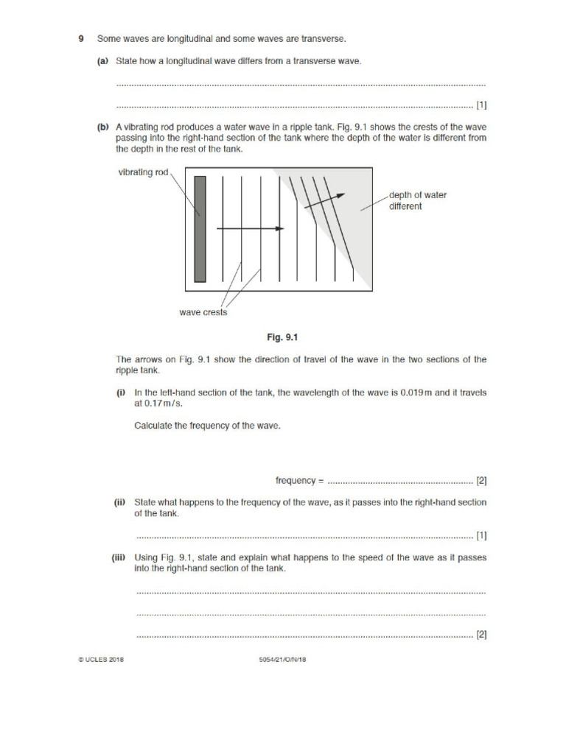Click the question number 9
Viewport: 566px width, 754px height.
point(82,38)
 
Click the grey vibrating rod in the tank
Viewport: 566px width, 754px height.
point(200,229)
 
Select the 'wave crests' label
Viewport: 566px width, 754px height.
point(203,312)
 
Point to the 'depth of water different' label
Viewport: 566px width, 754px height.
point(417,200)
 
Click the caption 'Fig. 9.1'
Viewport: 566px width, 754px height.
point(282,338)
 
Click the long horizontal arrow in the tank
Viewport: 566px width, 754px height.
point(251,229)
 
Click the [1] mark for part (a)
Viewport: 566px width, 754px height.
point(481,105)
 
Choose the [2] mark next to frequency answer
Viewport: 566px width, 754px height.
point(481,481)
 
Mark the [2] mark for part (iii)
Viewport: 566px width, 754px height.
point(481,634)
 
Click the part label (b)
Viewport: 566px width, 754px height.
point(103,127)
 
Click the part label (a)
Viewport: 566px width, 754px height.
point(103,61)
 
